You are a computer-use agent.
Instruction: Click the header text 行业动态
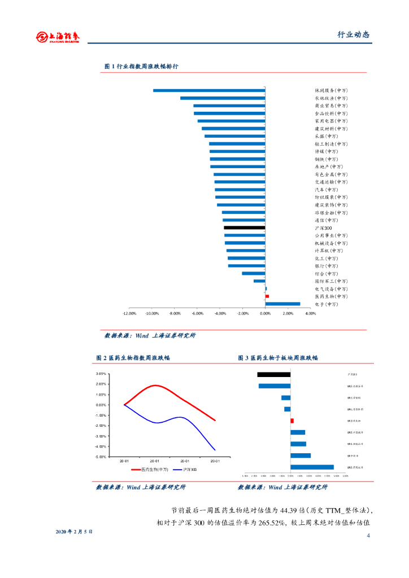[353, 34]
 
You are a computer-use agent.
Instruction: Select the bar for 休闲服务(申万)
[209, 90]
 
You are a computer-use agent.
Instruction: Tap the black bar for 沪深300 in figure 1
[244, 228]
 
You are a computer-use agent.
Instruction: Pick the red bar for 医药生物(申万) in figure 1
[267, 296]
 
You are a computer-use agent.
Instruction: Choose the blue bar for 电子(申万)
[282, 304]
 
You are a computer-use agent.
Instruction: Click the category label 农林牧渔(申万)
[331, 98]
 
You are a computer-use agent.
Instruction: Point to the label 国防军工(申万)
[331, 281]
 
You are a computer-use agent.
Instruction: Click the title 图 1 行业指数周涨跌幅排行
[141, 67]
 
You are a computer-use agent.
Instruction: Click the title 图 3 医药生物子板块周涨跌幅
[278, 358]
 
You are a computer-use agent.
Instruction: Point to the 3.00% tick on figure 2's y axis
[102, 374]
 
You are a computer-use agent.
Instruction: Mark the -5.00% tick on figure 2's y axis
[101, 457]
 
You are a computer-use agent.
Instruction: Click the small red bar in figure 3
[292, 421]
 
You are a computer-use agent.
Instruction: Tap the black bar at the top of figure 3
[274, 374]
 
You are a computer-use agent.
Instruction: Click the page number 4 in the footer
[368, 536]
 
